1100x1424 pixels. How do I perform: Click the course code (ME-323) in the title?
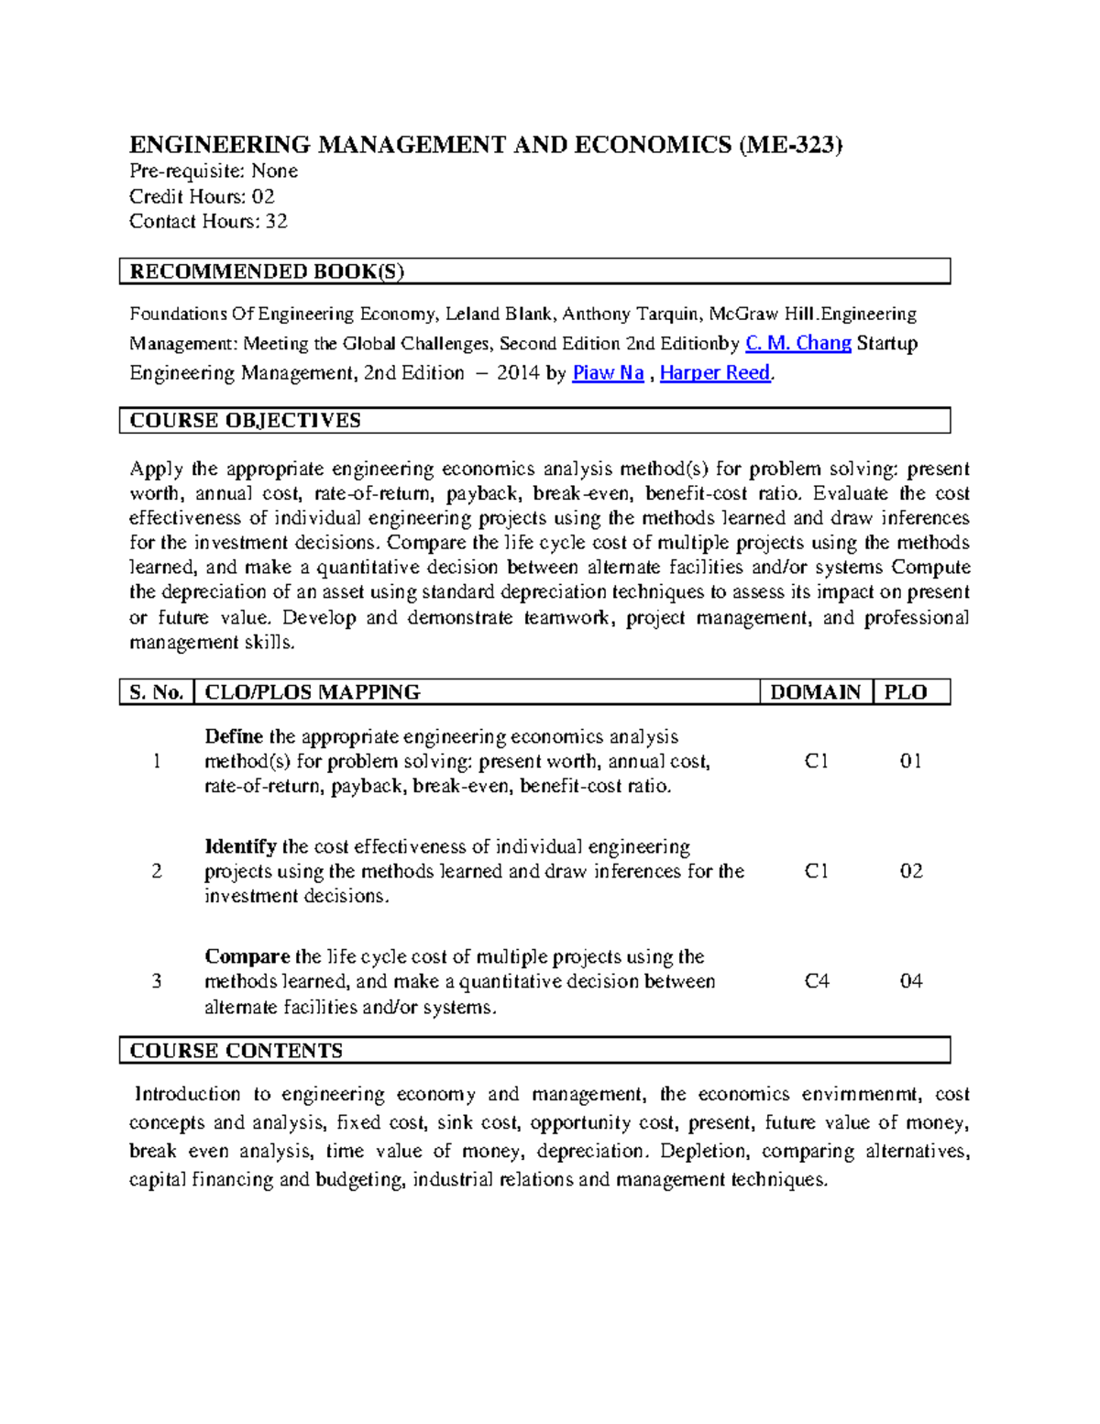tap(790, 145)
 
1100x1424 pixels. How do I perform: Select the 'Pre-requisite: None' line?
tap(213, 171)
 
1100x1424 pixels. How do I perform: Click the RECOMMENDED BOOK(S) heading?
tap(267, 271)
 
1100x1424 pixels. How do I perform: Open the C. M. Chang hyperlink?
tap(798, 344)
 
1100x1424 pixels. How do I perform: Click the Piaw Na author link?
tap(608, 373)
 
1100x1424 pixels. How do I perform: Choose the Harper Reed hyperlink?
tap(715, 373)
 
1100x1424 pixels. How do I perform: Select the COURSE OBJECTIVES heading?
tap(245, 421)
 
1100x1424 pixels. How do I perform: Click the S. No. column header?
tap(157, 692)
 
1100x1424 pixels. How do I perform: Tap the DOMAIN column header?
tap(815, 692)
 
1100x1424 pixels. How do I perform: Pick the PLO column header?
tap(906, 692)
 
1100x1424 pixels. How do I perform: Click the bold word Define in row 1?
tap(234, 737)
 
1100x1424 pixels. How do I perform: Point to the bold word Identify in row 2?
tap(240, 847)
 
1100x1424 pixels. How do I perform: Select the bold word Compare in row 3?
tap(247, 957)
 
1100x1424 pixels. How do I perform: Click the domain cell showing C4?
tap(817, 982)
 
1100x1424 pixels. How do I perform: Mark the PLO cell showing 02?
tap(911, 872)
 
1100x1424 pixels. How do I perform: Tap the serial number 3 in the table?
tap(157, 982)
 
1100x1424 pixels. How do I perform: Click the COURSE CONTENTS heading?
tap(236, 1051)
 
